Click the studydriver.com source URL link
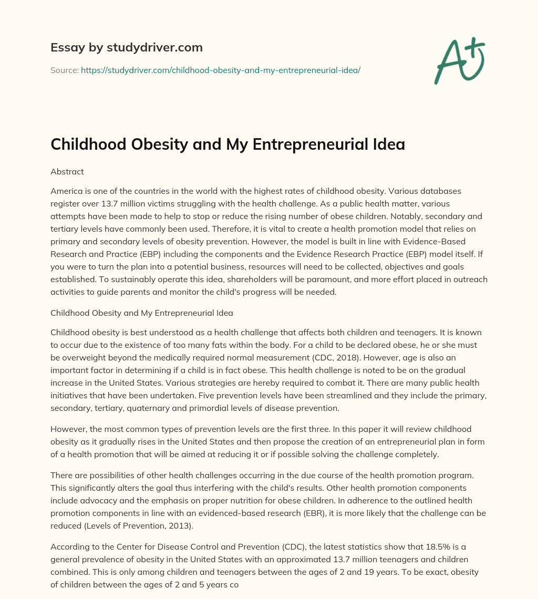(220, 70)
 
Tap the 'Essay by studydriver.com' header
(127, 47)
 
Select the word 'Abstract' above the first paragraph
(67, 171)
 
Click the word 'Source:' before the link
(65, 70)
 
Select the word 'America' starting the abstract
(67, 191)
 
